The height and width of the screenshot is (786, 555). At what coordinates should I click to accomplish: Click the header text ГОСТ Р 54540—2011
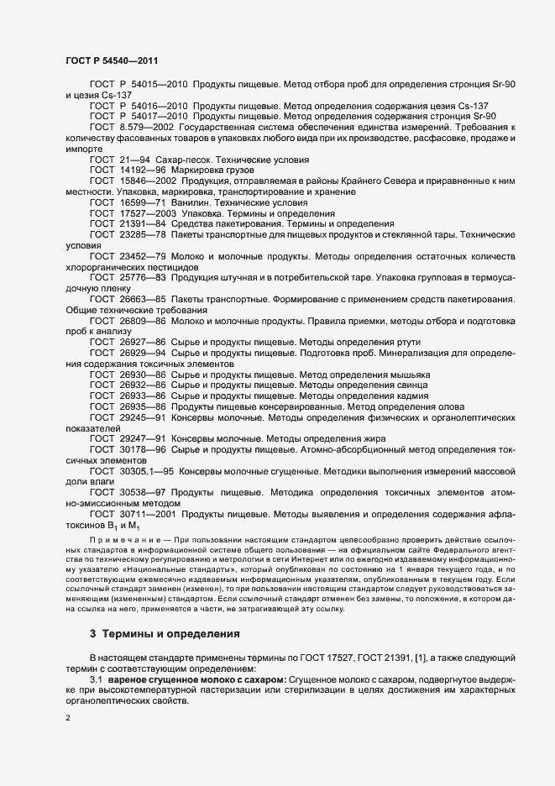tap(111, 60)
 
